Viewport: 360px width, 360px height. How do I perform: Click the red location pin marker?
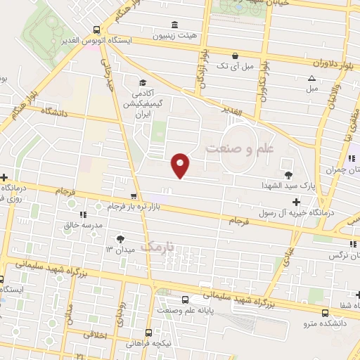[x=181, y=165]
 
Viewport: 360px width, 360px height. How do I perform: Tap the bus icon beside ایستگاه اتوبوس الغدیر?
[x=96, y=30]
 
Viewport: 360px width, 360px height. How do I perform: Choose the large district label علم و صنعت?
[x=239, y=148]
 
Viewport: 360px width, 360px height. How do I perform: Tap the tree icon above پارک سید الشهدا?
[x=288, y=174]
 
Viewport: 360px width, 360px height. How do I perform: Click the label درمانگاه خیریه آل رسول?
[x=296, y=212]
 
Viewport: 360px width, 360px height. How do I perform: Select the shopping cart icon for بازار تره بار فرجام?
[x=134, y=196]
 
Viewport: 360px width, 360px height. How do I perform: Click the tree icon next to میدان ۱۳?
[x=127, y=239]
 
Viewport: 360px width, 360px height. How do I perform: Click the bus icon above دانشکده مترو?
[x=324, y=313]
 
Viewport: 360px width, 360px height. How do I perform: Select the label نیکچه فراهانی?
[x=148, y=343]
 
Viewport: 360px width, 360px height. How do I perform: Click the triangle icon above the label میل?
[x=311, y=78]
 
